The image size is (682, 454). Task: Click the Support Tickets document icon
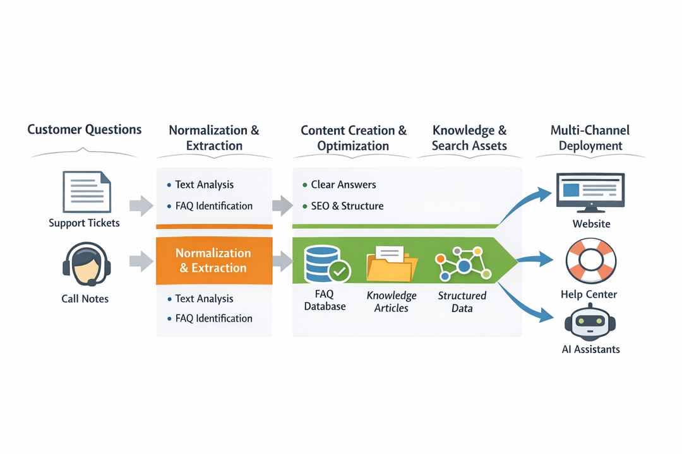coord(87,192)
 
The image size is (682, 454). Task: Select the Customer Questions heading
coord(85,130)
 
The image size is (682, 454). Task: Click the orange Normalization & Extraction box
coord(213,260)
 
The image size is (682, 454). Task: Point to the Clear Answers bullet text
coord(343,185)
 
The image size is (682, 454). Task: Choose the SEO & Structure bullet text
coord(347,206)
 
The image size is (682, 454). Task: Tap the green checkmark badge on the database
coord(340,272)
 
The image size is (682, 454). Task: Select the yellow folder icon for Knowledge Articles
coord(392,264)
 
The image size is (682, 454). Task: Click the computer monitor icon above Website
coord(590,191)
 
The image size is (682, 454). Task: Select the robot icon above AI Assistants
coord(590,321)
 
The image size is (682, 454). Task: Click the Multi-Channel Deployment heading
coord(590,137)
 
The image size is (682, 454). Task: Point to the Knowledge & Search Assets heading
coord(469,137)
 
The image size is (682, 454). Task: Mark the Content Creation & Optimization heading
coord(354,137)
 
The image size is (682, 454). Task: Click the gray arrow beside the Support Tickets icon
coord(141,206)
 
